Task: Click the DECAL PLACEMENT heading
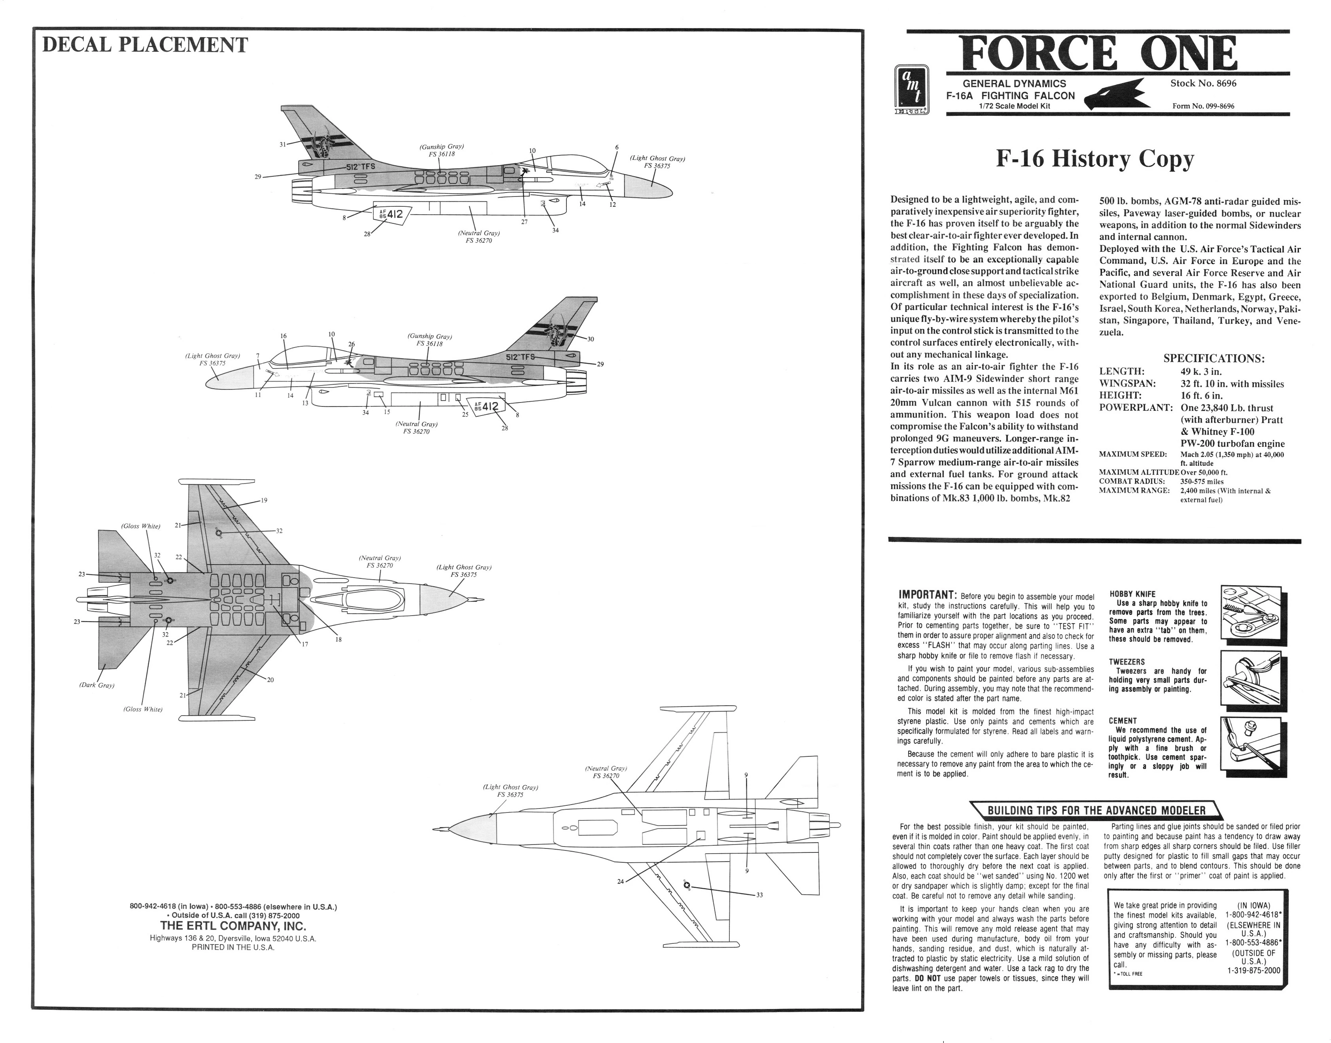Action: click(145, 45)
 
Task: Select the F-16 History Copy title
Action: click(1094, 159)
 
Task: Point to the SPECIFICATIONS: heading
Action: click(1213, 359)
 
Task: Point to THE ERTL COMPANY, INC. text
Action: click(233, 926)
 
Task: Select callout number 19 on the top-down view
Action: click(264, 501)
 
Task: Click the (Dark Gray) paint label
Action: click(97, 685)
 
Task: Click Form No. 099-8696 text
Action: click(1203, 106)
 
